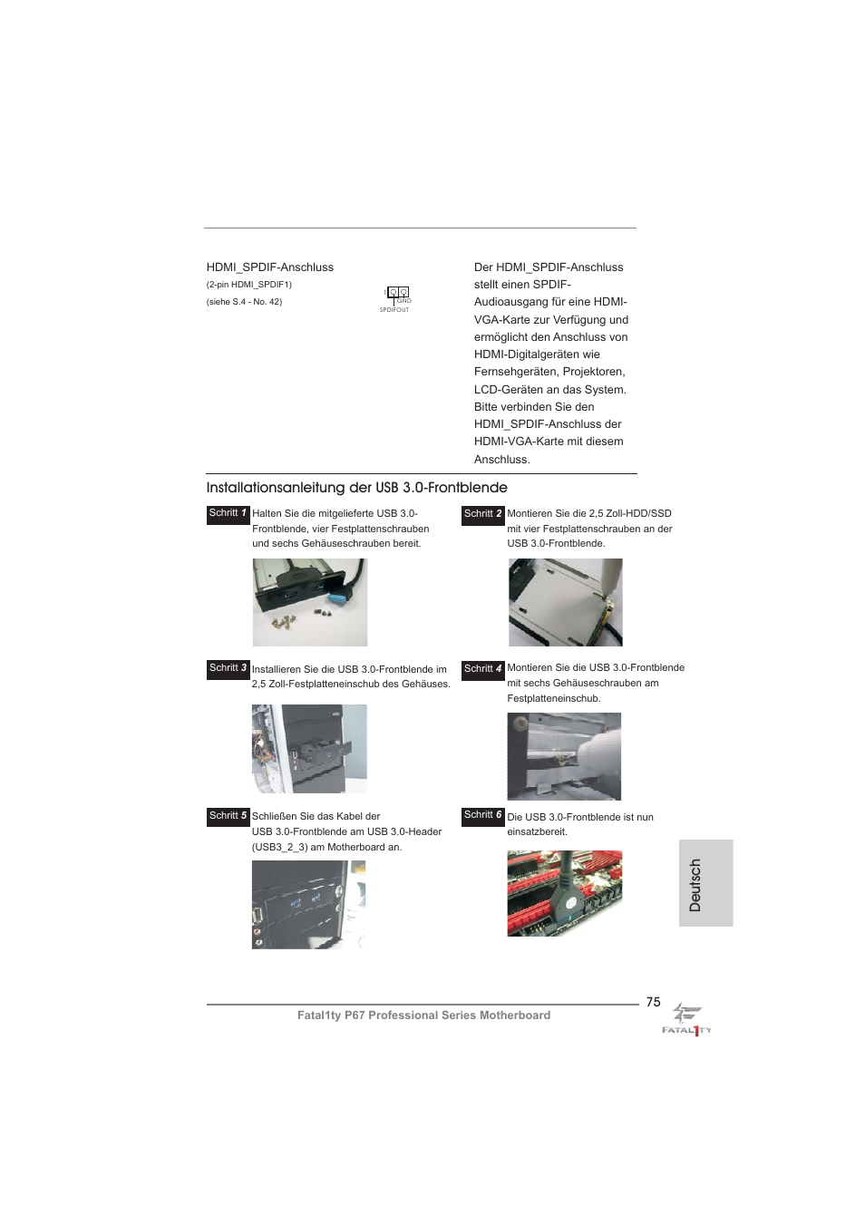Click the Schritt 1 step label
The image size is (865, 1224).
228,514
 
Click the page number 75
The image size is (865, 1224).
653,1002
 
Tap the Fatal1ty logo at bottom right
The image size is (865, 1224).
686,1020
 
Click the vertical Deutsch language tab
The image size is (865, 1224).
705,884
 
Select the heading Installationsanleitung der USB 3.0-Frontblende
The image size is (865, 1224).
356,488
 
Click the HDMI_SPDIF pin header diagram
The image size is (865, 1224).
398,292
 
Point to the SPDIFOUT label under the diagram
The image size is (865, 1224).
394,310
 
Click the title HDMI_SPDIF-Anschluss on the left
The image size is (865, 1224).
269,267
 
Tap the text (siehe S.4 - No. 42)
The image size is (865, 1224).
244,302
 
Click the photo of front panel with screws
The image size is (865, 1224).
309,602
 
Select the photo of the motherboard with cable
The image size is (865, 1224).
564,893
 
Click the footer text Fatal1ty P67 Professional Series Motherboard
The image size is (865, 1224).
423,1015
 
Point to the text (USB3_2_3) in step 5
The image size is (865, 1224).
280,848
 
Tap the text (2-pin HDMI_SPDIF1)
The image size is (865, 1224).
248,285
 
